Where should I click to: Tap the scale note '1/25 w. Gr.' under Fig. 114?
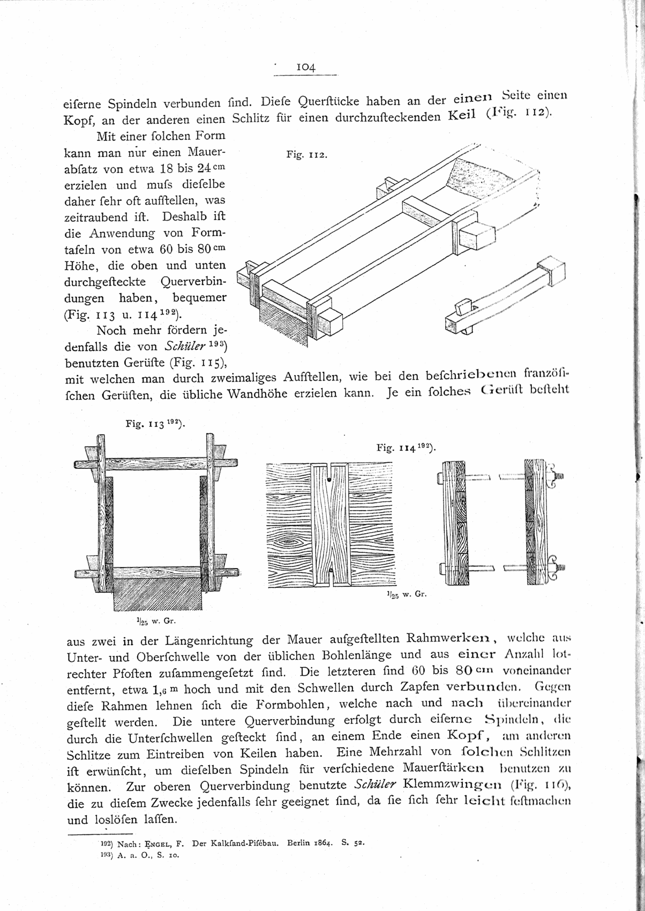coord(405,594)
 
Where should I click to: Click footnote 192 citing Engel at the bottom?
coord(230,842)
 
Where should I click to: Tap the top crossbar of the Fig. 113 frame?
coord(155,464)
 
